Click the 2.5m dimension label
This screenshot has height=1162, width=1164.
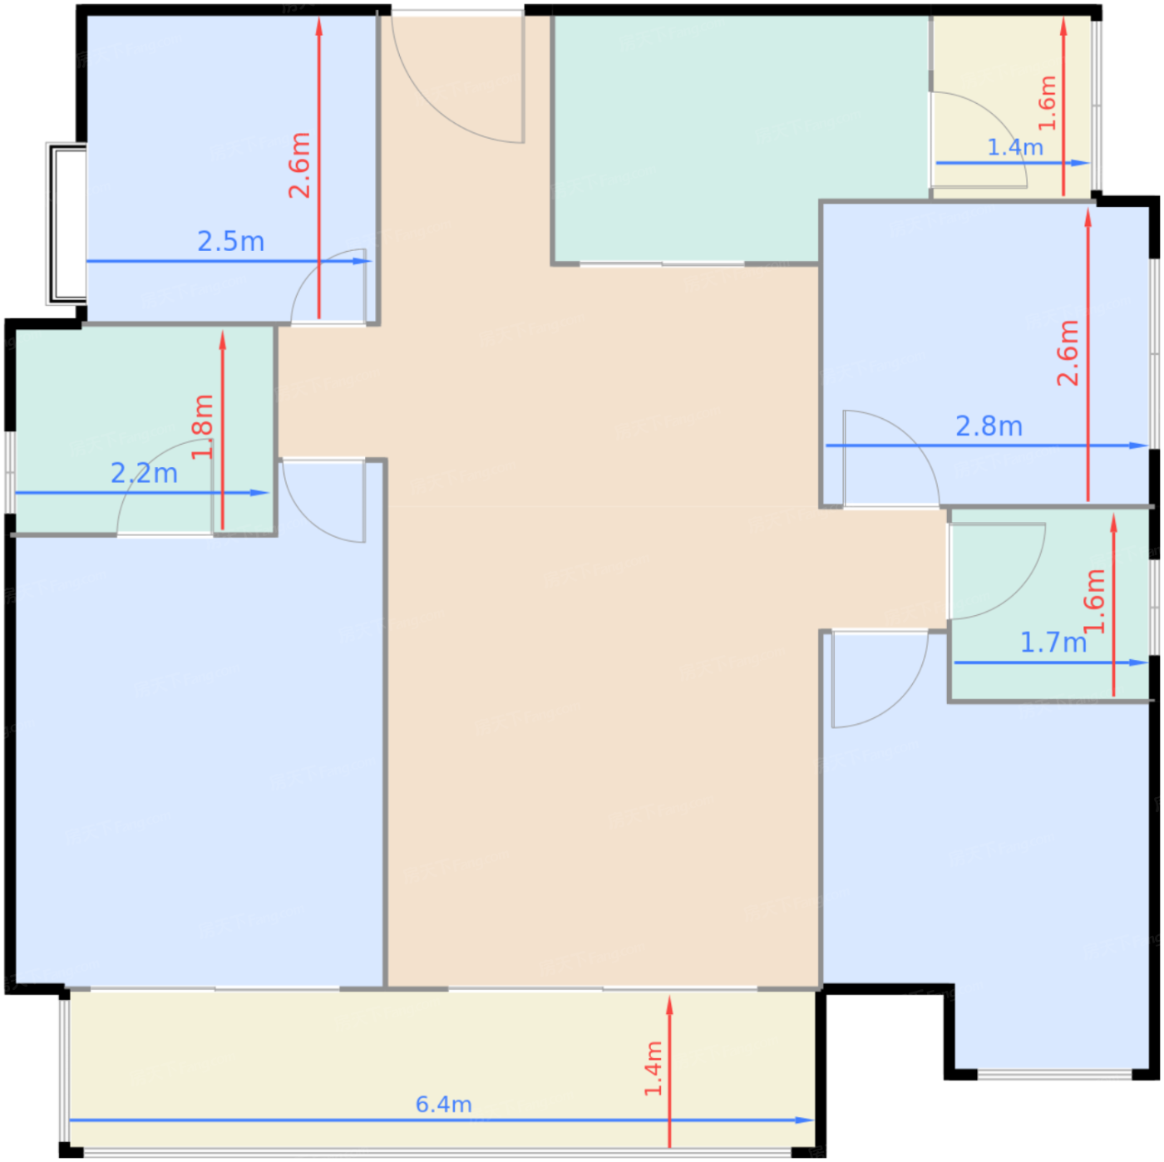click(231, 242)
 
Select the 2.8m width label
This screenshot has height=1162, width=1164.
click(989, 426)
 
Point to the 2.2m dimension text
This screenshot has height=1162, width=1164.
click(144, 473)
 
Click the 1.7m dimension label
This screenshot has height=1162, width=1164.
click(1053, 642)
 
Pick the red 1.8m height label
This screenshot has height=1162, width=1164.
click(202, 426)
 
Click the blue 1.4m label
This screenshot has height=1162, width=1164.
click(1015, 147)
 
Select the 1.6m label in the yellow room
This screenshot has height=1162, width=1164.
click(1048, 103)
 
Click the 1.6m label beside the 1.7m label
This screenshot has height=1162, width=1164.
click(1094, 601)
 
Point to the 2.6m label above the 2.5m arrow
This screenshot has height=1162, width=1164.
click(299, 165)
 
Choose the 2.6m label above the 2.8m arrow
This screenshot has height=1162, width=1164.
click(1068, 352)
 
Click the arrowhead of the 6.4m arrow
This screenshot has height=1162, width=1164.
click(806, 1120)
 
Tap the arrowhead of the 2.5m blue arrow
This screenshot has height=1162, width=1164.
click(363, 262)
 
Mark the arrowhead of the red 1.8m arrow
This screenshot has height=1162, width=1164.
click(222, 339)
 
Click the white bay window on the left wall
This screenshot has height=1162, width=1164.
click(67, 224)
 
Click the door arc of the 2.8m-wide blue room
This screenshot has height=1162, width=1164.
click(911, 438)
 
